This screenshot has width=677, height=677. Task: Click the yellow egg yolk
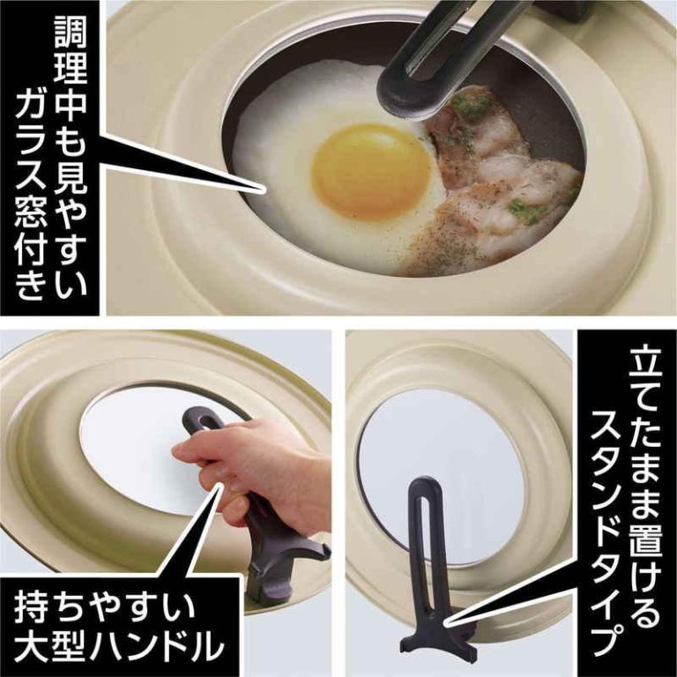[371, 170]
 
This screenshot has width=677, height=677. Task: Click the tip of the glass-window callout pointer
[262, 190]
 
